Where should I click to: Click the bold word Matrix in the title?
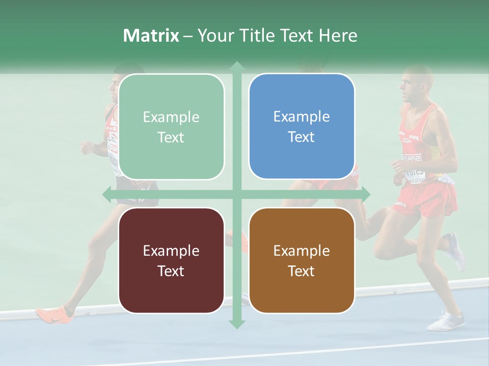tap(151, 36)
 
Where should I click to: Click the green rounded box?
tap(171, 127)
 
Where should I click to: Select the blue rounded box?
tap(302, 126)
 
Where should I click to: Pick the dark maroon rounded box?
tap(171, 260)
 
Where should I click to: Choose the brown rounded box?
tap(302, 260)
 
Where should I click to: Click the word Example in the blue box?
tap(302, 117)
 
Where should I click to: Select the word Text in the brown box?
tap(302, 271)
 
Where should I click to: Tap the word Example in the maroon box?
tap(171, 251)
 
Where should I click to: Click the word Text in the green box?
tap(171, 137)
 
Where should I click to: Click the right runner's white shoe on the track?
tap(446, 321)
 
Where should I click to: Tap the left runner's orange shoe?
tap(51, 313)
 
